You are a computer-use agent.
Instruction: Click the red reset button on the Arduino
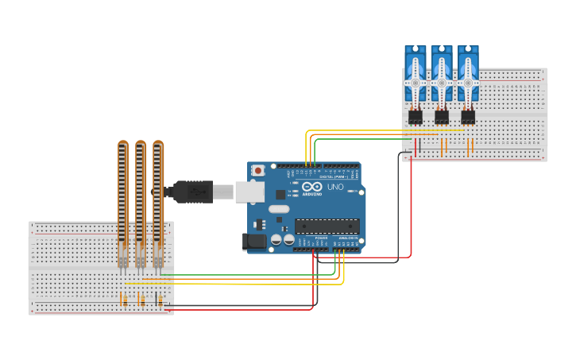click(258, 171)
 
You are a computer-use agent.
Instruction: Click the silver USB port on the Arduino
click(249, 192)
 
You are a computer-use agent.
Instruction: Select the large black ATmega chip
click(327, 226)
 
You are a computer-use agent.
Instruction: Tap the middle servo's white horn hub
click(442, 82)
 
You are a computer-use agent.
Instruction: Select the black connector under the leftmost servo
click(415, 117)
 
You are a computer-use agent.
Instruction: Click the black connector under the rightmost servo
click(468, 117)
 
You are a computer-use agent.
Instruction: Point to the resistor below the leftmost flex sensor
click(123, 300)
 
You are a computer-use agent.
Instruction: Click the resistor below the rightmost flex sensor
click(160, 300)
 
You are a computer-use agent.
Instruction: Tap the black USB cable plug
click(191, 192)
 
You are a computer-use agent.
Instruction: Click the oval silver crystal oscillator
click(279, 209)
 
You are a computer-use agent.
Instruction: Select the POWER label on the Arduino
click(321, 238)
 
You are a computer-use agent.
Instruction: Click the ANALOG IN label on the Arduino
click(348, 238)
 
